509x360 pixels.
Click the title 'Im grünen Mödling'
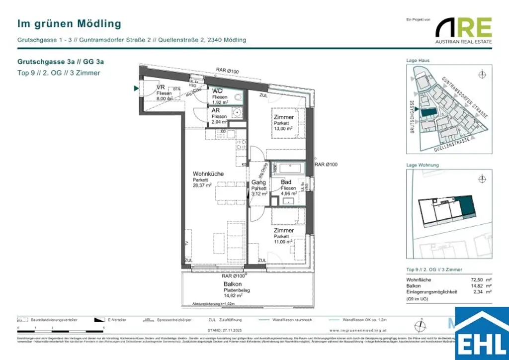click(x=69, y=23)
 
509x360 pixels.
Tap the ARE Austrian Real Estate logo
click(x=464, y=31)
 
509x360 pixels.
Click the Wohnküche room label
click(x=208, y=174)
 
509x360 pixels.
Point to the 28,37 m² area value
click(x=202, y=184)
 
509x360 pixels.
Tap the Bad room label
click(x=286, y=182)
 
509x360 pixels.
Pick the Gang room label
click(x=258, y=182)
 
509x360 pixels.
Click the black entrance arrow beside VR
click(x=136, y=89)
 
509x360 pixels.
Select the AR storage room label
click(x=216, y=110)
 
